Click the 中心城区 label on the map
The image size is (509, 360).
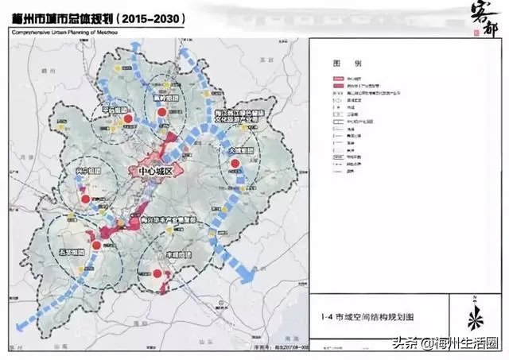[x=156, y=169]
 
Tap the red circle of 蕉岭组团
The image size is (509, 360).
[x=163, y=114]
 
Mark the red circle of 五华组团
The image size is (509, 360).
[x=96, y=246]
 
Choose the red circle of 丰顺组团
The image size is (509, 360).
[x=157, y=274]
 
